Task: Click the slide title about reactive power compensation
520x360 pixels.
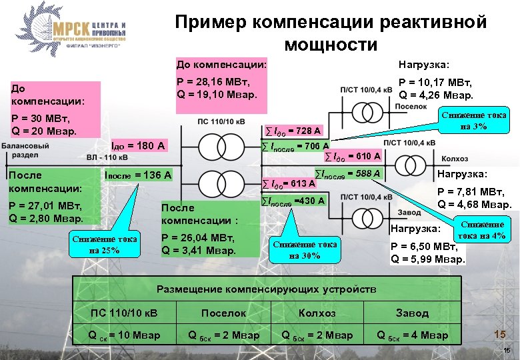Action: click(x=331, y=33)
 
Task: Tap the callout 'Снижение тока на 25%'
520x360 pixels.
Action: click(x=104, y=245)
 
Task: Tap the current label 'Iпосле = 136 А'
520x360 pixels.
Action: click(x=139, y=175)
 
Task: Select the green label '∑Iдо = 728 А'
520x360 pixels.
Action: click(x=293, y=130)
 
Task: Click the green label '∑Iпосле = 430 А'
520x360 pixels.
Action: click(x=293, y=200)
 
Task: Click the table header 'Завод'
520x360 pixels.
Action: click(x=412, y=312)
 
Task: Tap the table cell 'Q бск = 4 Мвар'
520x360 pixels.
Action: click(x=412, y=335)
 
